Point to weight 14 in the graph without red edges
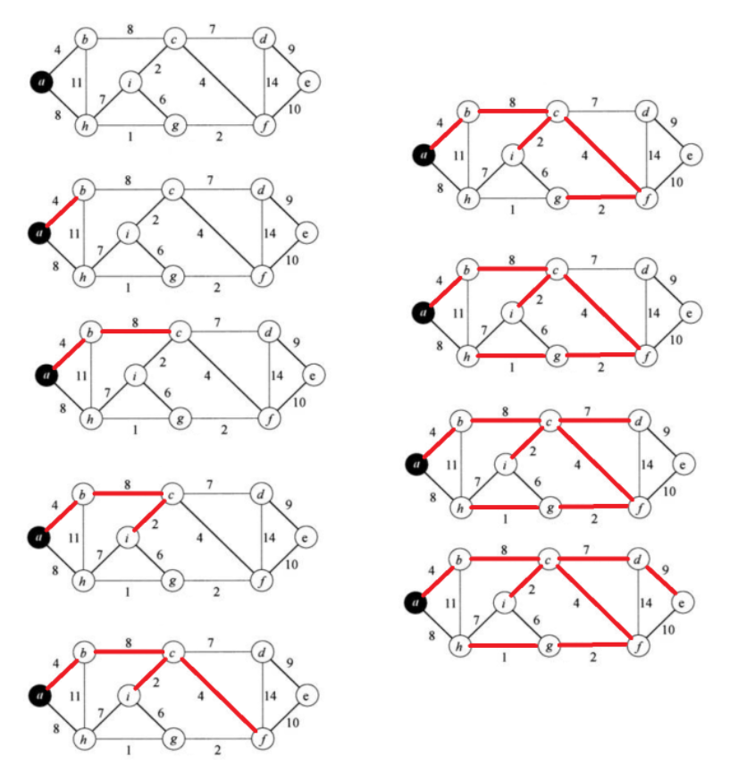(x=273, y=83)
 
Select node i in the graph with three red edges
(x=130, y=536)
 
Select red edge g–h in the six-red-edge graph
(x=510, y=356)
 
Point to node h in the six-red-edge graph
(x=466, y=355)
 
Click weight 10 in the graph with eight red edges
(x=668, y=630)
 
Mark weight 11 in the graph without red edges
(x=65, y=83)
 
